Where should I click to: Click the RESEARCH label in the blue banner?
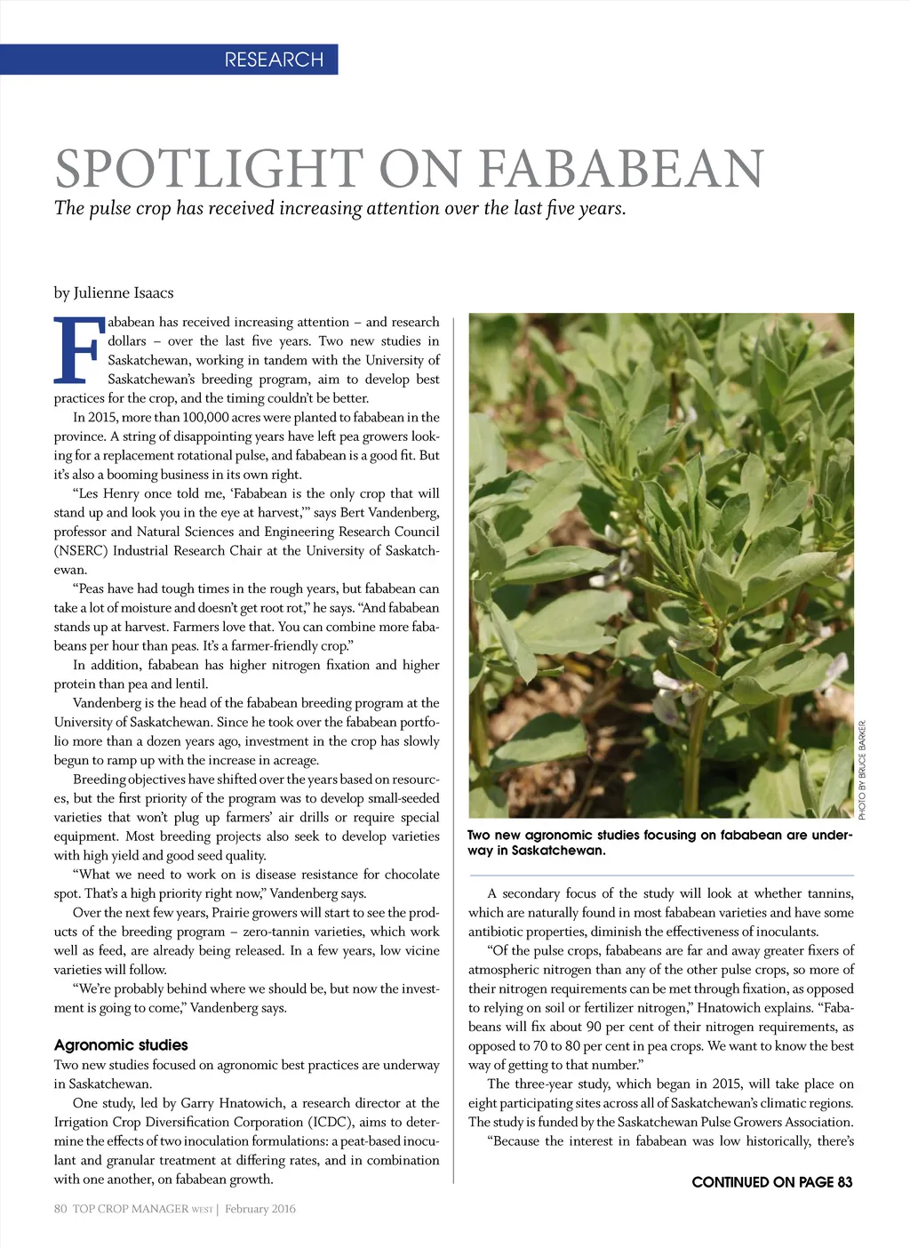tap(274, 60)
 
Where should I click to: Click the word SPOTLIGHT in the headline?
tap(209, 169)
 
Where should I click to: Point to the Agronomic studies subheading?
tap(121, 1044)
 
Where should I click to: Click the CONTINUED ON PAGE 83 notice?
tap(771, 1181)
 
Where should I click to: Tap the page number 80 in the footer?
tap(60, 1208)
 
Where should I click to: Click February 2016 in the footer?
tap(260, 1208)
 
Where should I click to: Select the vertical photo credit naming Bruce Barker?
tap(861, 770)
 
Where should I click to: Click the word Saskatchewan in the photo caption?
tap(559, 850)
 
